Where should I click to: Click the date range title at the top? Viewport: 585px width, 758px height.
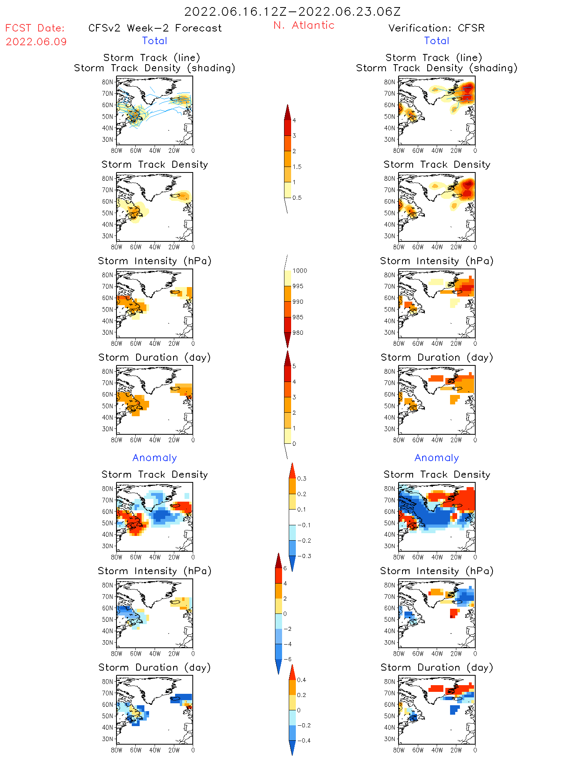292,12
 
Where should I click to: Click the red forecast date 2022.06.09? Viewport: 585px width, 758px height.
36,42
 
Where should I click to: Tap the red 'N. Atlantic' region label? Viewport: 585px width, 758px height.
304,25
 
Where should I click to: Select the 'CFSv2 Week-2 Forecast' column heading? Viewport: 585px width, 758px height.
155,28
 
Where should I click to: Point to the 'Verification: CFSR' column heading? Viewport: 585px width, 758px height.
436,28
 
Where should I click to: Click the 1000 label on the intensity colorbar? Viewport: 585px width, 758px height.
299,271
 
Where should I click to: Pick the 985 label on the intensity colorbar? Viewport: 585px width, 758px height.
298,317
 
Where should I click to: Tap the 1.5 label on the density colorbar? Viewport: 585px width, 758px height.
297,167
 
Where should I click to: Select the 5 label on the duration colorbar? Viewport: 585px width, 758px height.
294,366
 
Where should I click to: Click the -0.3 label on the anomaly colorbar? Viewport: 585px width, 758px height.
304,556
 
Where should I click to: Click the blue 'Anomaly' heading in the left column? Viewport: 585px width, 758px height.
155,458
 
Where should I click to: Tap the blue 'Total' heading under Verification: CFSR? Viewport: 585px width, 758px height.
436,41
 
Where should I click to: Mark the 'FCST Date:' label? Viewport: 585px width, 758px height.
35,28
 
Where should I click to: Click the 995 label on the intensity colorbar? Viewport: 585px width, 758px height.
298,286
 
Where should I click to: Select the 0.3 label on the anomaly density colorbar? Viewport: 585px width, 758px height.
301,478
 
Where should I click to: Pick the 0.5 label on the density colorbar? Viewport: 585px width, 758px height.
297,198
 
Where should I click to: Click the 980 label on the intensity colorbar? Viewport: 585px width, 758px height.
298,333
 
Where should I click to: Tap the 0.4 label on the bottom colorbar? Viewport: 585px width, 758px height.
301,680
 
